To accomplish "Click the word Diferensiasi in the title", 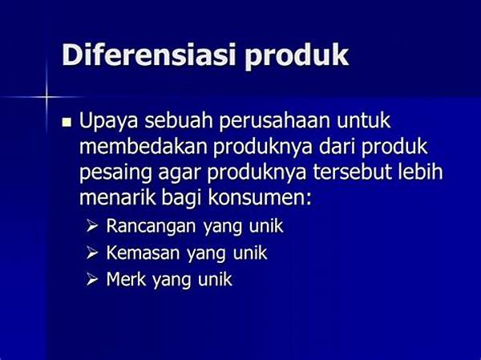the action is pyautogui.click(x=149, y=55).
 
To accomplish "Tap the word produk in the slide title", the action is pyautogui.click(x=297, y=56).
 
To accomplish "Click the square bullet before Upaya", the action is pyautogui.click(x=67, y=123).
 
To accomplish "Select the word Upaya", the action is pyautogui.click(x=108, y=122).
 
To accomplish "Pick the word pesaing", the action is pyautogui.click(x=115, y=173).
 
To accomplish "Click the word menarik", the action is pyautogui.click(x=118, y=198).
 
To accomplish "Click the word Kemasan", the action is pyautogui.click(x=143, y=253).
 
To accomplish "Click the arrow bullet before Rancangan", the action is pyautogui.click(x=91, y=227).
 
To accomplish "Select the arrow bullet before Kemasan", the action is pyautogui.click(x=91, y=253).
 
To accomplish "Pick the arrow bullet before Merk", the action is pyautogui.click(x=91, y=280).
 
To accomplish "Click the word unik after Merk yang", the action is pyautogui.click(x=215, y=280).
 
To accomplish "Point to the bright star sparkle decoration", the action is pyautogui.click(x=46, y=97).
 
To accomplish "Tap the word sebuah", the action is pyautogui.click(x=179, y=121).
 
